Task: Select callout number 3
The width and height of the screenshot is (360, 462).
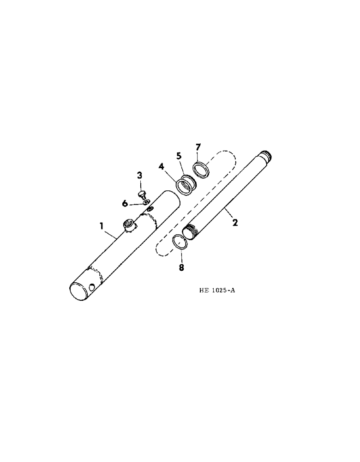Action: pyautogui.click(x=139, y=176)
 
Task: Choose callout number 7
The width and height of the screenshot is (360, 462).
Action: pyautogui.click(x=198, y=147)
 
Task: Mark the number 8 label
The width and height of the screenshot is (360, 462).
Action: pyautogui.click(x=181, y=267)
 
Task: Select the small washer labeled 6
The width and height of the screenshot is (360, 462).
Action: pyautogui.click(x=145, y=201)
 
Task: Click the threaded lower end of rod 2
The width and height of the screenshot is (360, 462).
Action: pyautogui.click(x=191, y=231)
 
